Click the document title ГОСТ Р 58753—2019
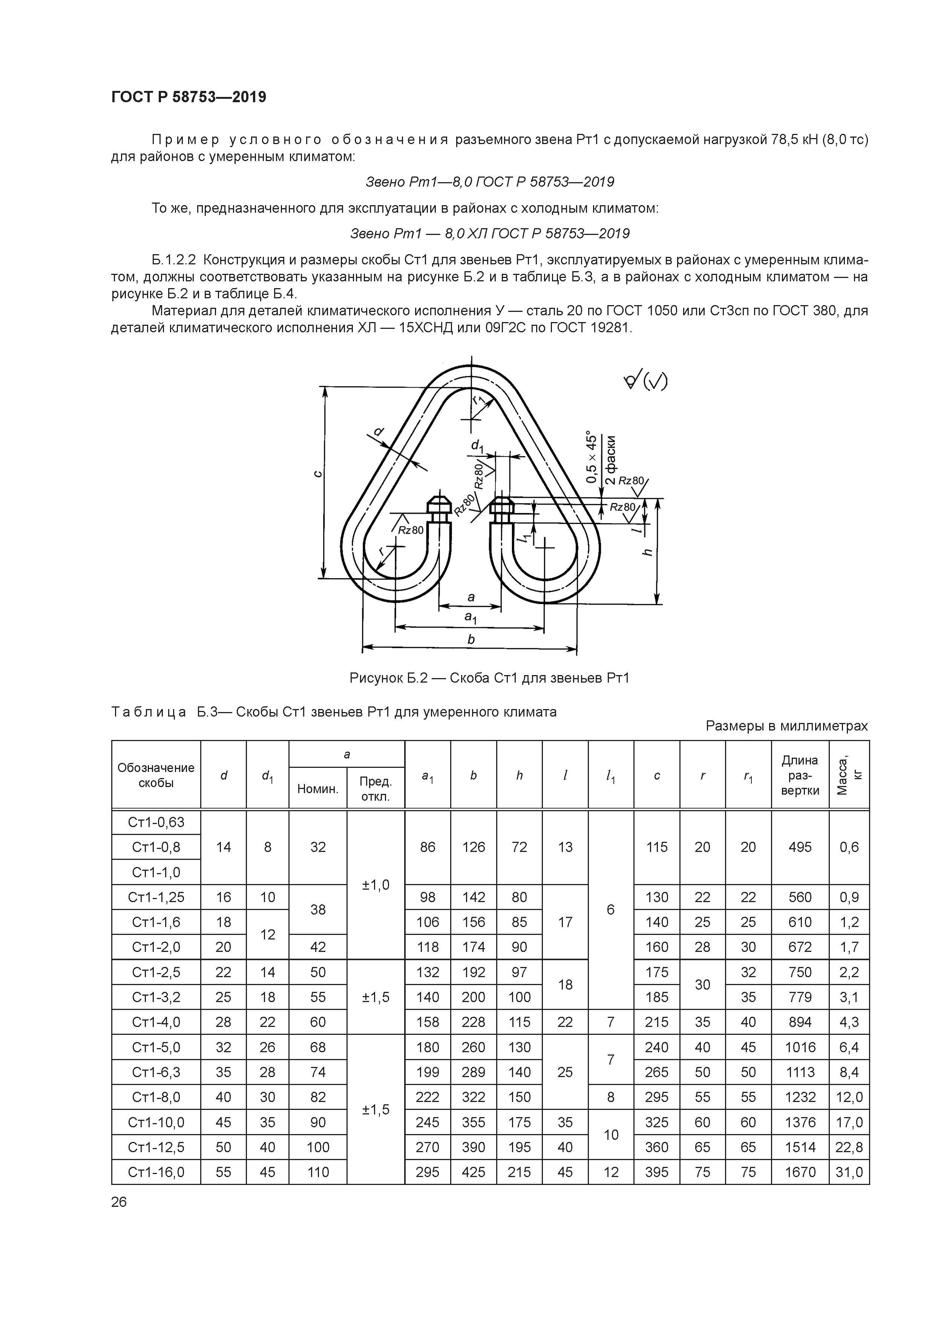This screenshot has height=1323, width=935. pos(189,97)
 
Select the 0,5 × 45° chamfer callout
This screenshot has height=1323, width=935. pos(590,456)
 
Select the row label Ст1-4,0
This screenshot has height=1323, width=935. pos(156,1022)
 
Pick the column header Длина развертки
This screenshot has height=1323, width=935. pos(800,775)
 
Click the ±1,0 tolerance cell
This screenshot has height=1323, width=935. pos(375,884)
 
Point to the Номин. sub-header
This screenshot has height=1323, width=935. pos(317,789)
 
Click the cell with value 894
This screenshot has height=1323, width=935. pos(800,1022)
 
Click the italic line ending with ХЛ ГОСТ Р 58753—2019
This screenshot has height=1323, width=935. pos(490,233)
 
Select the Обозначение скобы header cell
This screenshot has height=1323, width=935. pos(156,775)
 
